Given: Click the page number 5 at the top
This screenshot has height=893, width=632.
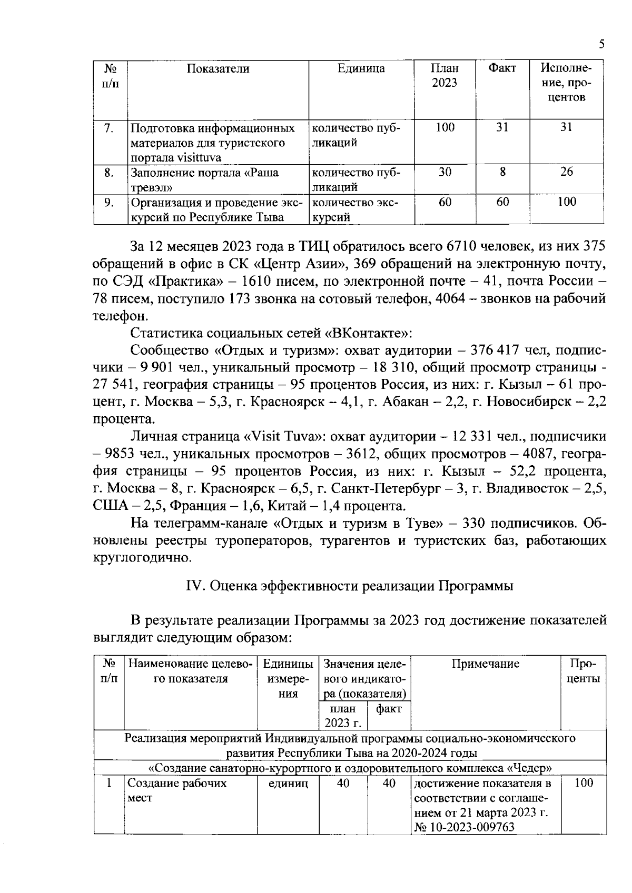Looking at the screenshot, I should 601,45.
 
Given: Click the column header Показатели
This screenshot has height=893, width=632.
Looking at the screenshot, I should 218,69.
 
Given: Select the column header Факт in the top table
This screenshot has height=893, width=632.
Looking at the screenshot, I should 502,68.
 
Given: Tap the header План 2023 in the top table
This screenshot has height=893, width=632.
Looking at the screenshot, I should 445,76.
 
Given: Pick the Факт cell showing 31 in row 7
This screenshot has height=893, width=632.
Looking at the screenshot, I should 502,127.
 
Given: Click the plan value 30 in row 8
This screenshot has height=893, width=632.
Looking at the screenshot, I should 445,172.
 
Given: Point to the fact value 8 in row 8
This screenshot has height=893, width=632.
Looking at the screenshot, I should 502,172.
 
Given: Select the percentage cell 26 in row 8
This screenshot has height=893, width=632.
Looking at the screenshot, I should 566,172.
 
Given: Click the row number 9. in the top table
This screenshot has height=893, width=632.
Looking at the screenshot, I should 109,202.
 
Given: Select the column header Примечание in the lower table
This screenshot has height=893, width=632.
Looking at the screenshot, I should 485,664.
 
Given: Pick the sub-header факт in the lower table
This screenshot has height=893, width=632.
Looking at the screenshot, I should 389,709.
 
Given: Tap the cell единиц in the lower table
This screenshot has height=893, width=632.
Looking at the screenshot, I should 288,784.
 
